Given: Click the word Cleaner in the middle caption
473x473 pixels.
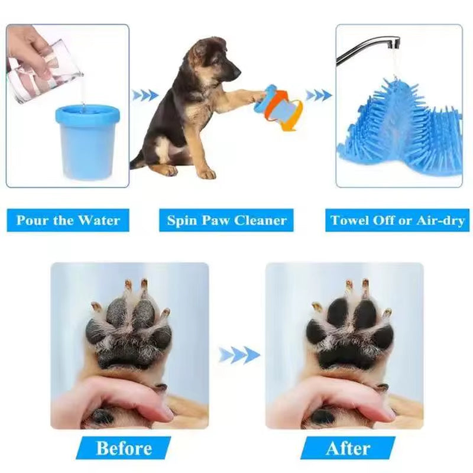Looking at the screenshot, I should coord(260,221).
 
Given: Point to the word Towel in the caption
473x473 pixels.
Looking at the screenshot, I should coord(349,221).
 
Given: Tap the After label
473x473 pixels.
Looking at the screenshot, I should coord(348,448).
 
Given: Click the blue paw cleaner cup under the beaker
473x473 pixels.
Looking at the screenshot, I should coord(88,142).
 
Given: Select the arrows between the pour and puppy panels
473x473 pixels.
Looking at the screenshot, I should coord(145,95).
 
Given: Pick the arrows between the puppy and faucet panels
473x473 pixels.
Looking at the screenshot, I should coord(319,95).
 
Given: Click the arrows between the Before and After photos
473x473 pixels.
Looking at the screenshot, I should coord(239,355).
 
